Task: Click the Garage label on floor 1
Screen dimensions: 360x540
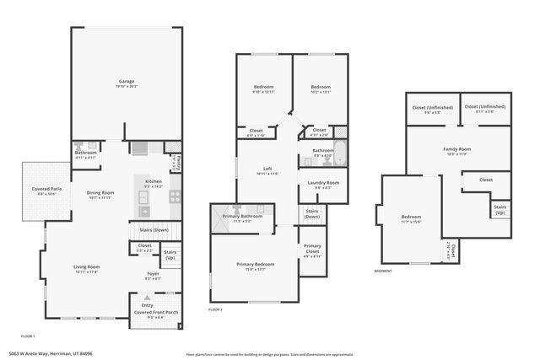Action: (126, 82)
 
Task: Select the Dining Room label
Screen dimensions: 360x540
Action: (100, 193)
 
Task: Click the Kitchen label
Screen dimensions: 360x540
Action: (153, 181)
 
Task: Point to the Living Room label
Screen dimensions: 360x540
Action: (87, 267)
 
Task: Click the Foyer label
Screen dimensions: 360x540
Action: (153, 274)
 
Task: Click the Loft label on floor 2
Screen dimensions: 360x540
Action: (267, 169)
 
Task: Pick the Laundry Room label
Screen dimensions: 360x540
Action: (322, 183)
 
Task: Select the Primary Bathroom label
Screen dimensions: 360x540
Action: (242, 218)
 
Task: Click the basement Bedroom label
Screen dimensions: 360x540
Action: (411, 218)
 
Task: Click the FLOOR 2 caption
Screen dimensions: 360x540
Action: (215, 310)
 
